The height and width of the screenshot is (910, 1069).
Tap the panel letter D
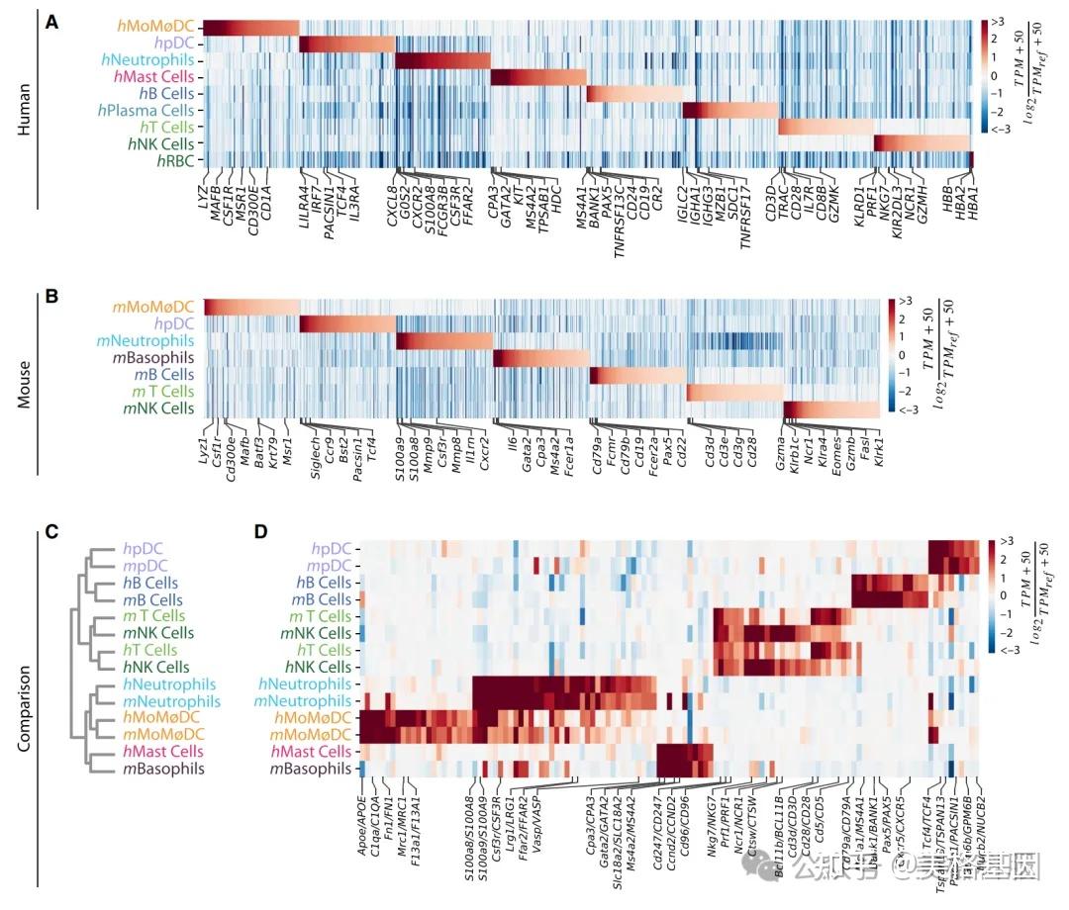260,532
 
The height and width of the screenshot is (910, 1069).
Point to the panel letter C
52,532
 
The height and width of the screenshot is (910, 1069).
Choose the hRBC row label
170,160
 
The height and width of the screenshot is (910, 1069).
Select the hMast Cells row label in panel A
158,76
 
